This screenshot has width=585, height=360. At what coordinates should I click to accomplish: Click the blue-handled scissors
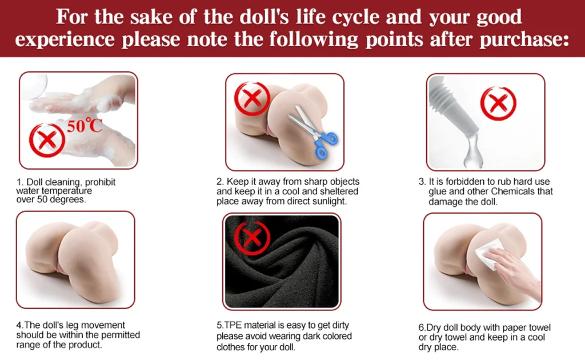pos(312,130)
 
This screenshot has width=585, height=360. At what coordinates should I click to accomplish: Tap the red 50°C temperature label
pos(85,126)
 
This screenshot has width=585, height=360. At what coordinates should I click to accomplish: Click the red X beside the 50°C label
pos(47,140)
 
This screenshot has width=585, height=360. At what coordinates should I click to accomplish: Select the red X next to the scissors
pos(252,99)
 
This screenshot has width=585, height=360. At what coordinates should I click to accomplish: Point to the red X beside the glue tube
pos(498,103)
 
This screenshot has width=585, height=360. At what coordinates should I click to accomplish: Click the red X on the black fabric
pos(252,237)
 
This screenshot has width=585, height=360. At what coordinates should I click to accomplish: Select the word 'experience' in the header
pos(65,40)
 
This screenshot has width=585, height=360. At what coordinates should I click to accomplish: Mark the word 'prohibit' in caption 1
pos(101,182)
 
